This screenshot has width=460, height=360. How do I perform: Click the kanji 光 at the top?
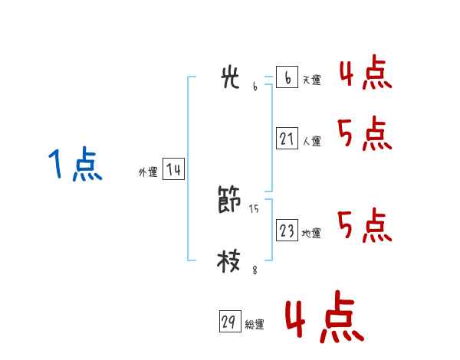(x=230, y=78)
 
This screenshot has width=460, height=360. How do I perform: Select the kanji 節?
(x=229, y=201)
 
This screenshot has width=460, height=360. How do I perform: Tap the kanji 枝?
(x=229, y=260)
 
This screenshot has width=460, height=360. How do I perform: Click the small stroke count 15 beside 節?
(x=255, y=208)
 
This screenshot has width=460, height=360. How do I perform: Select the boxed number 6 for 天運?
(x=287, y=77)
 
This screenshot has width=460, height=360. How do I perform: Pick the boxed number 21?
(x=287, y=139)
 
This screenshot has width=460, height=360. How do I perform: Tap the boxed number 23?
(x=287, y=231)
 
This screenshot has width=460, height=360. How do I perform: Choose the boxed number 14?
(x=173, y=170)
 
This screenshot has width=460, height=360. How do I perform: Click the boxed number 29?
(x=229, y=322)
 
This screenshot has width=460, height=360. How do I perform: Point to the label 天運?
(x=311, y=80)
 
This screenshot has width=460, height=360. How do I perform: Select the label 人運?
(x=311, y=141)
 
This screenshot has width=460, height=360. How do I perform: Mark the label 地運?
(x=311, y=233)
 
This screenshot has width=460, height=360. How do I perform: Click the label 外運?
(x=148, y=172)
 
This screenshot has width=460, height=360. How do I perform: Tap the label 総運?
(x=255, y=325)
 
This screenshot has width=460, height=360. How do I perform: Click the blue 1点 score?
(x=75, y=165)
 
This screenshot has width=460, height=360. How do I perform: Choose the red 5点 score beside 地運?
(x=364, y=226)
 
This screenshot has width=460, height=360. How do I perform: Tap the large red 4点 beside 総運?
(x=324, y=319)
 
